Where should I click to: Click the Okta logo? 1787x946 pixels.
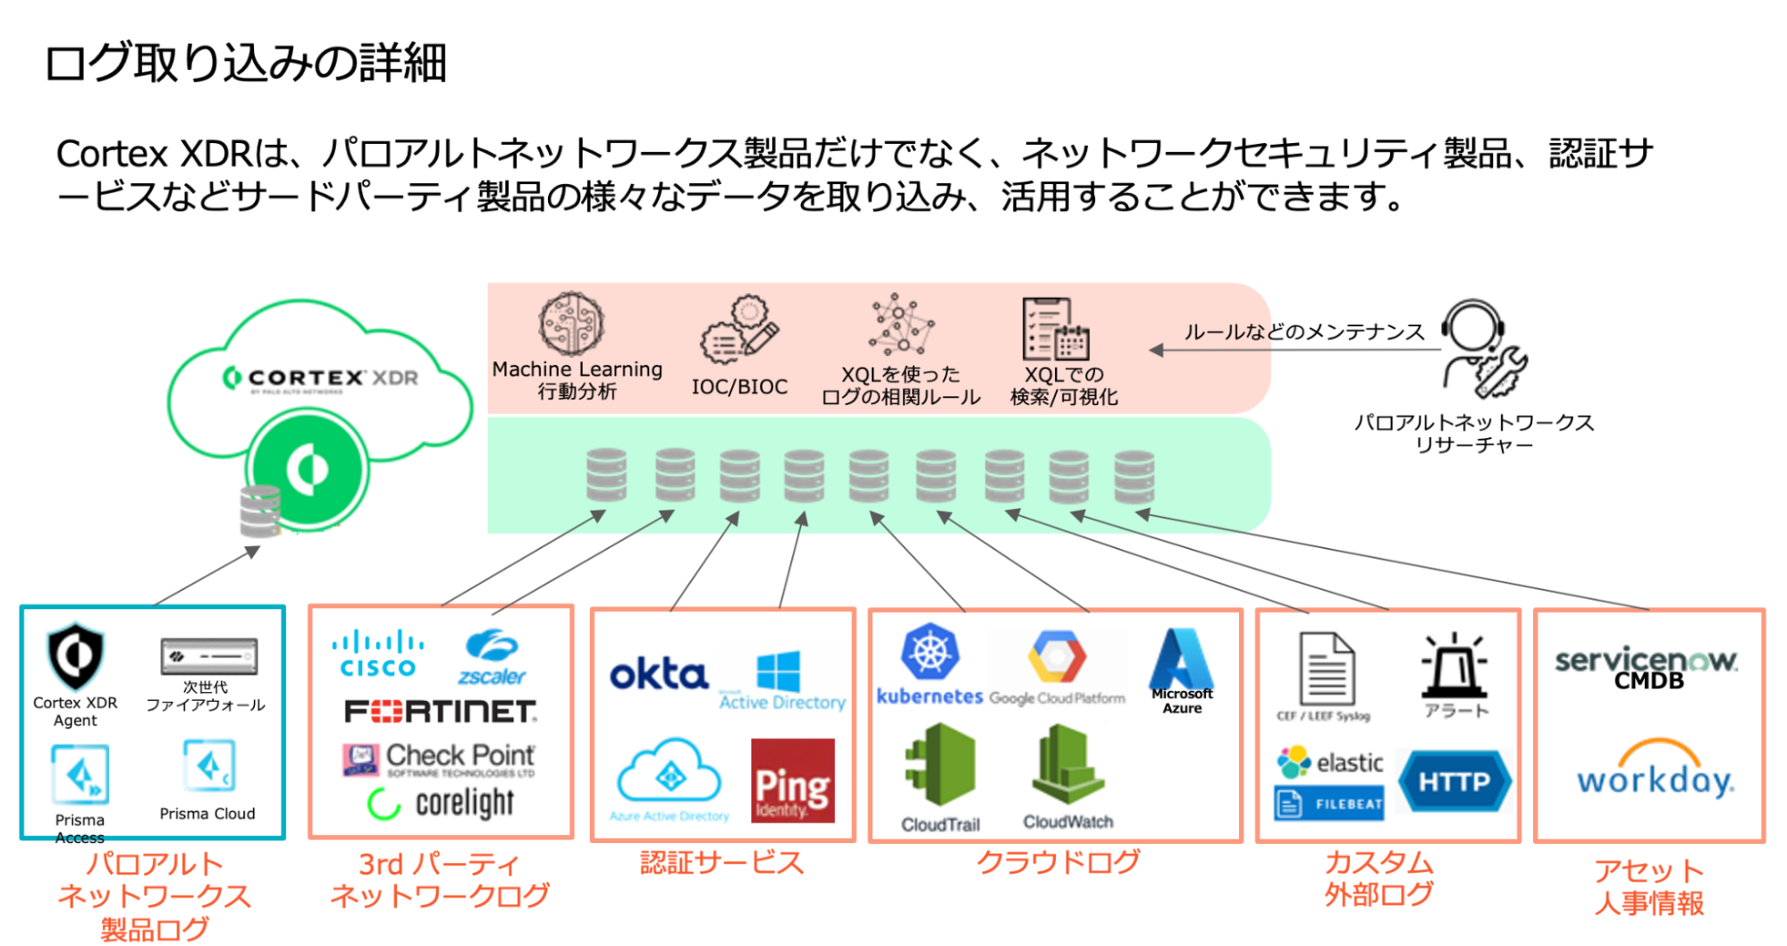click(x=659, y=675)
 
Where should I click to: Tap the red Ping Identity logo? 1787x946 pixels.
click(x=792, y=781)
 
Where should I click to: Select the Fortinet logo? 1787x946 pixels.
click(x=441, y=712)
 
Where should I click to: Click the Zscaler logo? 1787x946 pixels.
click(x=492, y=657)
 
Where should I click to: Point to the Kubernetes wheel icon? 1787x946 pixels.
click(x=930, y=652)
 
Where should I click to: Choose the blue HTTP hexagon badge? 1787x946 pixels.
click(x=1454, y=781)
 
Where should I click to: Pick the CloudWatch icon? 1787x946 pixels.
click(x=1067, y=764)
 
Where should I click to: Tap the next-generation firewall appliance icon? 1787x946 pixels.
click(x=209, y=656)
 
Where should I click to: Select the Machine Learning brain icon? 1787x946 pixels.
click(x=572, y=324)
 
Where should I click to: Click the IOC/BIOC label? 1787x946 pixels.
click(x=739, y=387)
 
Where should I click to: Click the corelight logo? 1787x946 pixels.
click(x=442, y=803)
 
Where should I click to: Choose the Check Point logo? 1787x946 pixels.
click(x=440, y=759)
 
